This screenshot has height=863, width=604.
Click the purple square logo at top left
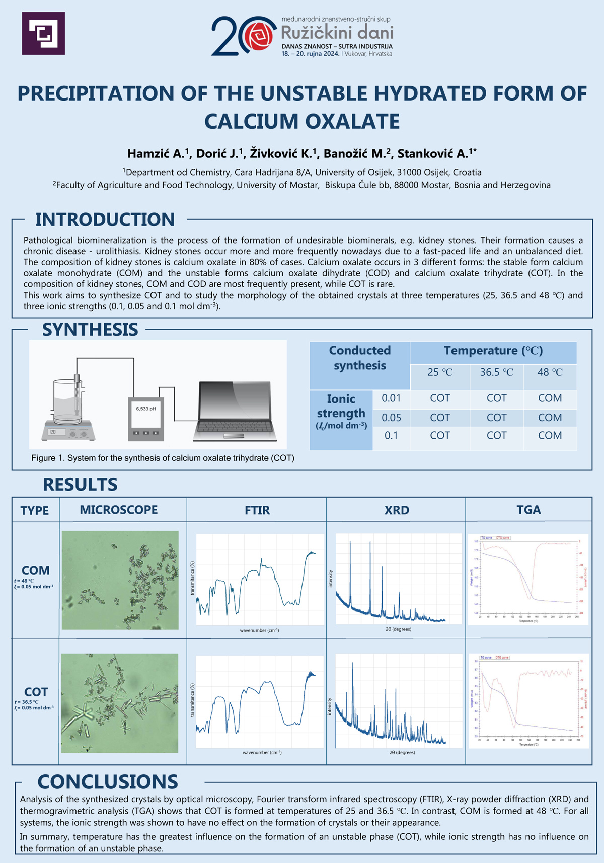(43, 33)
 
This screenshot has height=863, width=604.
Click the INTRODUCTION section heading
(105, 220)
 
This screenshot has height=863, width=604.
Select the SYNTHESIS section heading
(90, 329)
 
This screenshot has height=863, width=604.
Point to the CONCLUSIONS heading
(108, 781)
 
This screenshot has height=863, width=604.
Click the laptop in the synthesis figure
(235, 411)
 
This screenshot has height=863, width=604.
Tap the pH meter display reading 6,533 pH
(146, 409)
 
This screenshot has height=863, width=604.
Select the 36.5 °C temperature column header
(496, 372)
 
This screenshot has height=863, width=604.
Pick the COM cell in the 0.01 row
(550, 398)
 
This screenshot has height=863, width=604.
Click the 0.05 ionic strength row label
(391, 417)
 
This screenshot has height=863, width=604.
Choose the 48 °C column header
(550, 372)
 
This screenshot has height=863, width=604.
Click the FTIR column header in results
(257, 510)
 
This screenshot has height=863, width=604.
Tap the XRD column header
(397, 510)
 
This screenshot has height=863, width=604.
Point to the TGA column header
(528, 510)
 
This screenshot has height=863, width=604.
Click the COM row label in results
(36, 570)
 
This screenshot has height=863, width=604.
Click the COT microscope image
(120, 703)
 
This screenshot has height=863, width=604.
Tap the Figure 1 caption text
(163, 458)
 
